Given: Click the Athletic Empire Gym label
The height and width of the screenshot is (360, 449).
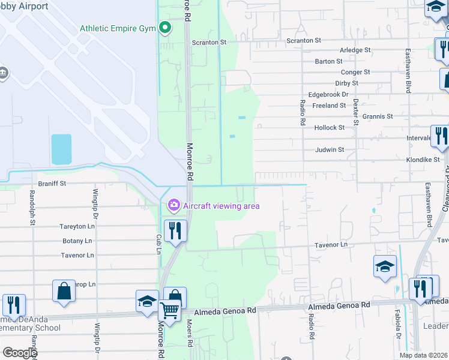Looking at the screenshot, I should pos(118,28).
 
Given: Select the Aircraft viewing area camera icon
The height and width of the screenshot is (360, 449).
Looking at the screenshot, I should pos(173,206).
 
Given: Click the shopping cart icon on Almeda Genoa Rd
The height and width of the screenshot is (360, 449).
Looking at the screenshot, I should pos(169,310).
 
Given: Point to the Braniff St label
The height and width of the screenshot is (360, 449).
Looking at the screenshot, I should pos(52,182).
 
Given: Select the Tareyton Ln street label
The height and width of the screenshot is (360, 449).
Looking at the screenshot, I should pos(77,227).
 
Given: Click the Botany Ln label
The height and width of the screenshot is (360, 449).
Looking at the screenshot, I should pos(77,241).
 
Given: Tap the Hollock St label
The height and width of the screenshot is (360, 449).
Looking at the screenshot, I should pos(330,128).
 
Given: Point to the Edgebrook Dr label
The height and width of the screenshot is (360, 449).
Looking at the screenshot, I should pos(328,94).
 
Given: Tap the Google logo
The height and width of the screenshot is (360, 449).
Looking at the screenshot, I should pos(19,353).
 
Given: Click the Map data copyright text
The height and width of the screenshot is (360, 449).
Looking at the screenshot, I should pos(423,355).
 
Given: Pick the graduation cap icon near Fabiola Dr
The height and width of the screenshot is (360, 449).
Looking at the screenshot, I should pos(385,266).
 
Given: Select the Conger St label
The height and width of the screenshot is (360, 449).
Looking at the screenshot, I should pos(357,72).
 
